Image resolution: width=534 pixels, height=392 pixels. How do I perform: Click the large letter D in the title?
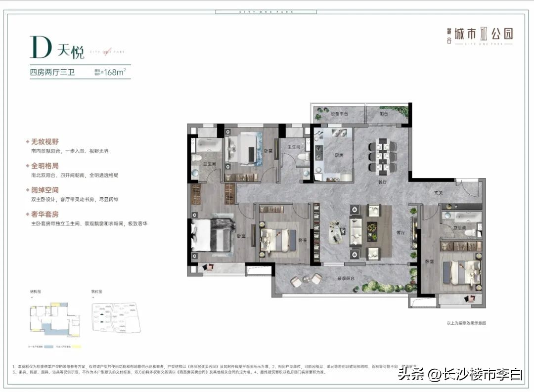pos(41,48)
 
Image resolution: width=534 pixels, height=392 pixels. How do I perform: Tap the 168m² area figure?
pos(113,72)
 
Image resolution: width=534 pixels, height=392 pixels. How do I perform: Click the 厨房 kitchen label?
pos(338,155)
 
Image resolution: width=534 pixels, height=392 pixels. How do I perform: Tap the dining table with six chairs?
pos(383,154)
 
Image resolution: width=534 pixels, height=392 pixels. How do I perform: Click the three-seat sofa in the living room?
pos(356,231)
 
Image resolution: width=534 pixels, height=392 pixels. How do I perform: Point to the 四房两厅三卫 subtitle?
pos(52,73)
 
